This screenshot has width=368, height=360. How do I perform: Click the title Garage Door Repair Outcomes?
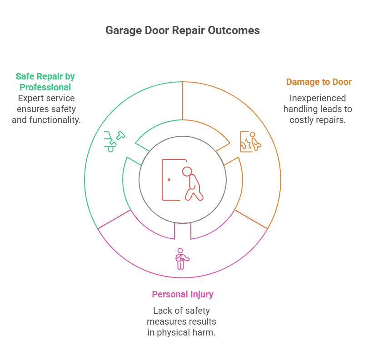[x=183, y=30]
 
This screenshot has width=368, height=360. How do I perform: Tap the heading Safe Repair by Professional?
[x=45, y=82]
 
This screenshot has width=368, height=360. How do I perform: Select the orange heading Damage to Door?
[x=318, y=82]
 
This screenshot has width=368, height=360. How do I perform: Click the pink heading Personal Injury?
[x=183, y=294]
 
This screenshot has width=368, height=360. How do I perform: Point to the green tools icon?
[x=114, y=141]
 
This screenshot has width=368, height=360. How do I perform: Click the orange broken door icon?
[x=250, y=141]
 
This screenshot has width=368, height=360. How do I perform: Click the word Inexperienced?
[x=318, y=98]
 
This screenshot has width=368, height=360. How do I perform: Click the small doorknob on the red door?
[x=169, y=180]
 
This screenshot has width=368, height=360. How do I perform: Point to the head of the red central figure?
[x=187, y=172]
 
